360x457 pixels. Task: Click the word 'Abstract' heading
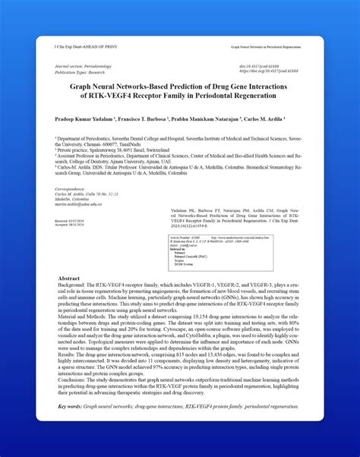69,279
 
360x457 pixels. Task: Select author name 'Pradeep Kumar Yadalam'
83,120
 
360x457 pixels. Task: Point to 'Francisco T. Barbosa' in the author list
145,120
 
